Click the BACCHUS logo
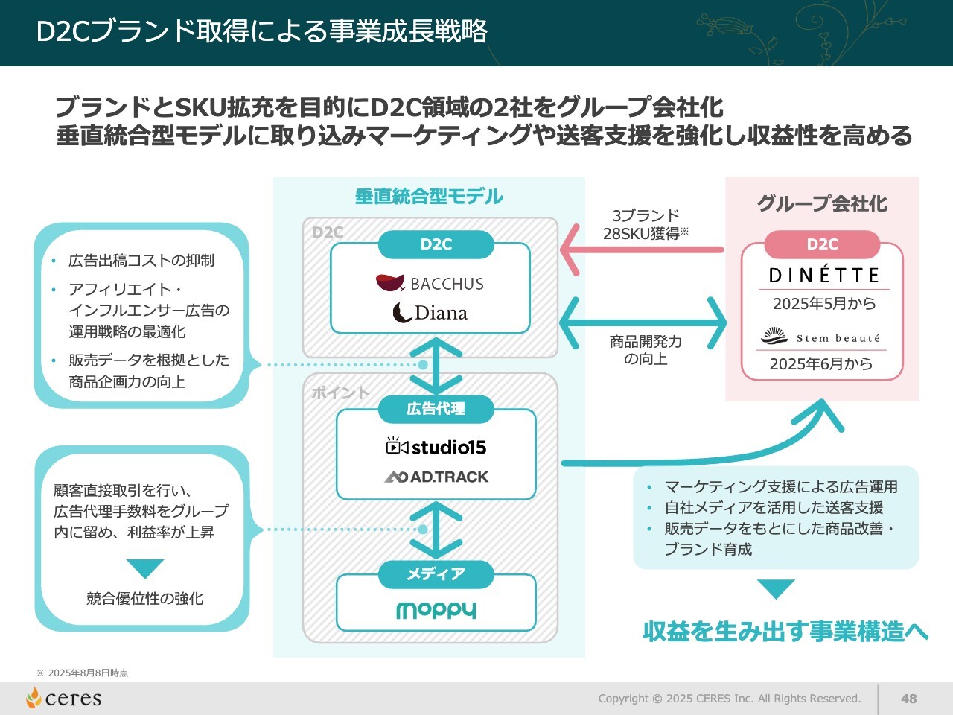430,283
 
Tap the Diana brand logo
430,313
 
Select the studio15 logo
436,447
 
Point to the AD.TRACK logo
436,477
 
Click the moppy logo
436,610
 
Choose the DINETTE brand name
823,276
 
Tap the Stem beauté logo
820,337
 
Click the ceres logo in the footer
64,698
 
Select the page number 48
908,699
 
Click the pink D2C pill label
822,244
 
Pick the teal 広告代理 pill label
436,409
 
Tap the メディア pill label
436,574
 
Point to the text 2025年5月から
824,304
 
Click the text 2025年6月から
820,364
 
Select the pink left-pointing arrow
640,250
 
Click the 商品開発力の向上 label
646,350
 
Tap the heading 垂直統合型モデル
429,197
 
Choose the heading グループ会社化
822,203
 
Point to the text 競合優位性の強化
144,599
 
